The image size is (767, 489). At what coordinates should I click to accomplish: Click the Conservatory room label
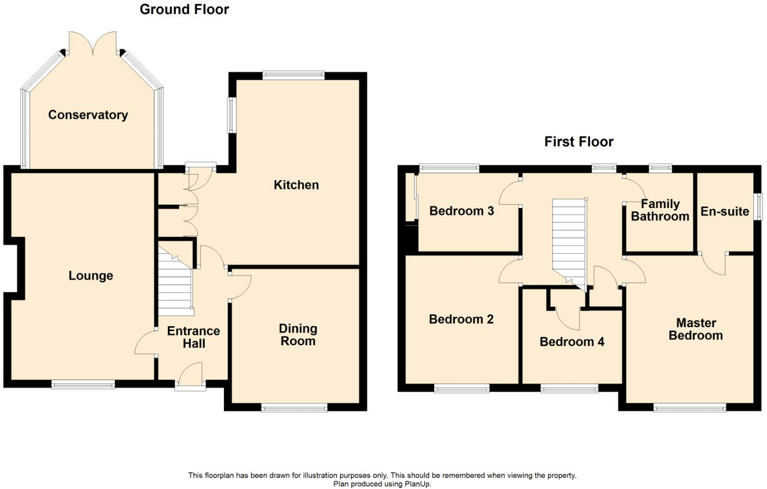point(88,115)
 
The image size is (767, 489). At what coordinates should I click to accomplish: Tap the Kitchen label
point(296,185)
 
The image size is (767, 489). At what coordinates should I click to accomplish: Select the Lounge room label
point(91,276)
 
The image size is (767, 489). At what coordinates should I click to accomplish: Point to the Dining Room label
point(298,335)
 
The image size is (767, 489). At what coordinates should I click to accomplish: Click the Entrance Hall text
point(193,338)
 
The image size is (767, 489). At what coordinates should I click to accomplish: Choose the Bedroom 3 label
point(461,211)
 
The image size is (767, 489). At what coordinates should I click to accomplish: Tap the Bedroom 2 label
point(461,319)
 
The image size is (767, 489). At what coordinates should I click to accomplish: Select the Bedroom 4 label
point(572,342)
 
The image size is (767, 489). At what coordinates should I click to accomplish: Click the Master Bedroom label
point(696,329)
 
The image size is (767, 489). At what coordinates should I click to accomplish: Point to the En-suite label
point(725,211)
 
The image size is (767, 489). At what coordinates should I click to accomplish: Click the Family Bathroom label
point(660,210)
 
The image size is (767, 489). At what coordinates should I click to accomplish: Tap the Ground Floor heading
point(184,10)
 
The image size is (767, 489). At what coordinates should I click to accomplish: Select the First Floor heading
point(579,142)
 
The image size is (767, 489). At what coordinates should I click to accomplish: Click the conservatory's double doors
point(93,43)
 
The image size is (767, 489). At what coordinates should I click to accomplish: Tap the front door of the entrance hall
point(190,376)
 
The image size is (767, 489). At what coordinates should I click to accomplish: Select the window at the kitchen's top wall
point(294,75)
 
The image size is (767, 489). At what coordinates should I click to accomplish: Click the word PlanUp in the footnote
point(418,484)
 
